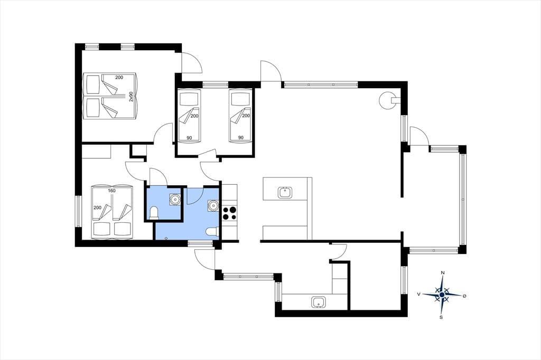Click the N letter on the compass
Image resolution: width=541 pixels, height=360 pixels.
tap(443, 273)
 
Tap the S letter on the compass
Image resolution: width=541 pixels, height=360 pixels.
tap(441, 317)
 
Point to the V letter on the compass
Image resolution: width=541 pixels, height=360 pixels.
tap(419, 294)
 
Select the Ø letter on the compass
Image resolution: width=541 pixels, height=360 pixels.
tap(464, 296)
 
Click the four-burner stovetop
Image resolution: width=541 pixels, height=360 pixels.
tap(230, 213)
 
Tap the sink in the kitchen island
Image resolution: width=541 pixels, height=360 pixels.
tap(285, 192)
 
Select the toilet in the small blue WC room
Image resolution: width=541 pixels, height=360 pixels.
tap(154, 213)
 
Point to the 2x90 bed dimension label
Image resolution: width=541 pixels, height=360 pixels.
tap(131, 97)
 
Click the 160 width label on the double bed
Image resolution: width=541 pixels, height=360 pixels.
tap(112, 191)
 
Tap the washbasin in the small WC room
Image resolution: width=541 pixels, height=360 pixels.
tap(174, 199)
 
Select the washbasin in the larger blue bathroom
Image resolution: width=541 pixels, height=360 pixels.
tap(213, 206)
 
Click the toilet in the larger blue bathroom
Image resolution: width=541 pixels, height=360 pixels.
tap(212, 232)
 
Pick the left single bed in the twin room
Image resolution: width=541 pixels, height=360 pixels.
tap(189, 116)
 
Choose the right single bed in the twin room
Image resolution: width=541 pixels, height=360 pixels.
tap(240, 116)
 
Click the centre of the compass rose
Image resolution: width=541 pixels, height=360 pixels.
tap(442, 295)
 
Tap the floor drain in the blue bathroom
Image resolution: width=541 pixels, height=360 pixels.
tap(166, 238)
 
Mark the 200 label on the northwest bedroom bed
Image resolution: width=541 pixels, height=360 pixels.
tap(119, 77)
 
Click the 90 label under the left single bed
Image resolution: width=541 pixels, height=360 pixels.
tap(189, 138)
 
